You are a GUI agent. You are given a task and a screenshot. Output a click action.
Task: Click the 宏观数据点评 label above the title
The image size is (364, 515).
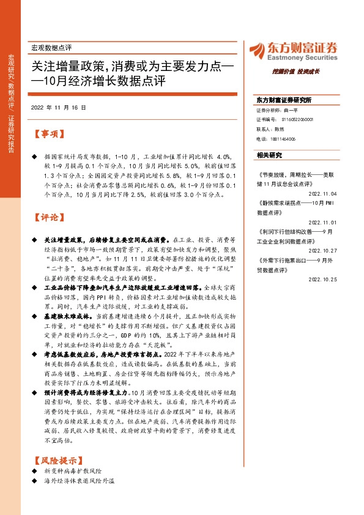point(51,48)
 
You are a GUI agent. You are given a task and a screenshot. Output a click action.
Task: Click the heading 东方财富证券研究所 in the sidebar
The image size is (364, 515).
point(284,100)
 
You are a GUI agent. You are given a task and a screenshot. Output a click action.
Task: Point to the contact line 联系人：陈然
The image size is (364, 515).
point(270,130)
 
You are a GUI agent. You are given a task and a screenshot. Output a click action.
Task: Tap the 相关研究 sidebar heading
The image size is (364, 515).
point(269,155)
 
